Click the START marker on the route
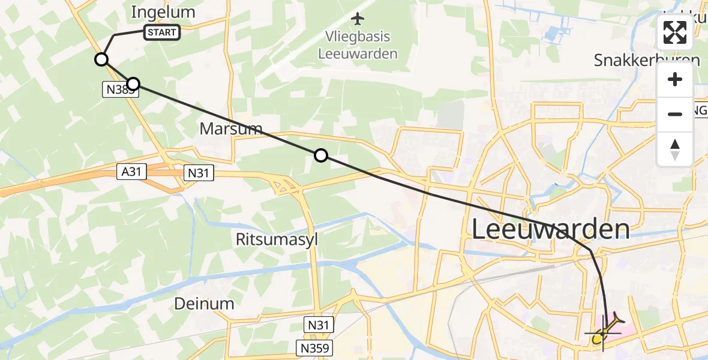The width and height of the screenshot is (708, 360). [x=161, y=32]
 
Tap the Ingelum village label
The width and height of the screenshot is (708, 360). [x=164, y=12]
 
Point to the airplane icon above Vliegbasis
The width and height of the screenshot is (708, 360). [x=358, y=19]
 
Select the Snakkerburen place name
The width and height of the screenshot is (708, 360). [x=647, y=60]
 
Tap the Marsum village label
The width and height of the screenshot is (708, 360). [x=231, y=128]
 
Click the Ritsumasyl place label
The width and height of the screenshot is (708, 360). [x=277, y=240]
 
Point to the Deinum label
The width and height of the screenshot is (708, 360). [x=204, y=304]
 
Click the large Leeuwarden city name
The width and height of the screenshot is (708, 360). [x=551, y=229]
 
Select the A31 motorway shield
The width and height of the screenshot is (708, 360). [x=130, y=172]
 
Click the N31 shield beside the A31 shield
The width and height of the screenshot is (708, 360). [x=199, y=173]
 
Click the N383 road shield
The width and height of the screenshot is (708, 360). [x=118, y=90]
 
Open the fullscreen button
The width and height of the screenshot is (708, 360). [x=675, y=32]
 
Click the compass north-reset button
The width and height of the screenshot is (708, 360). [x=675, y=149]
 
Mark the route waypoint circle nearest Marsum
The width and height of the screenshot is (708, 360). [x=321, y=156]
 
